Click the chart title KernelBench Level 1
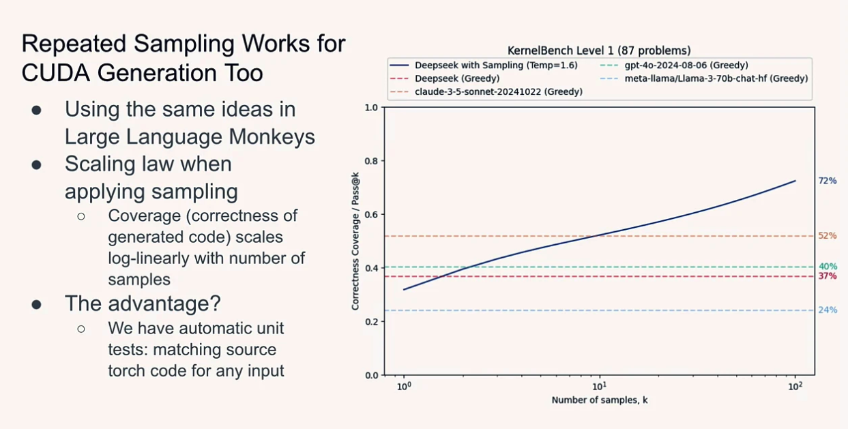click(x=599, y=50)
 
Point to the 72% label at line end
click(x=827, y=181)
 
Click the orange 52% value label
click(x=827, y=236)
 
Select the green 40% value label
click(x=828, y=266)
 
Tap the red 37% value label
click(x=828, y=276)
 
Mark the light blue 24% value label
click(x=828, y=310)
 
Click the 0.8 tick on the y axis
click(x=370, y=161)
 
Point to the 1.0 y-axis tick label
click(x=370, y=108)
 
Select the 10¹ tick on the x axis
click(x=599, y=386)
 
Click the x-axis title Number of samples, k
click(x=599, y=400)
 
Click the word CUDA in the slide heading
click(x=53, y=72)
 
